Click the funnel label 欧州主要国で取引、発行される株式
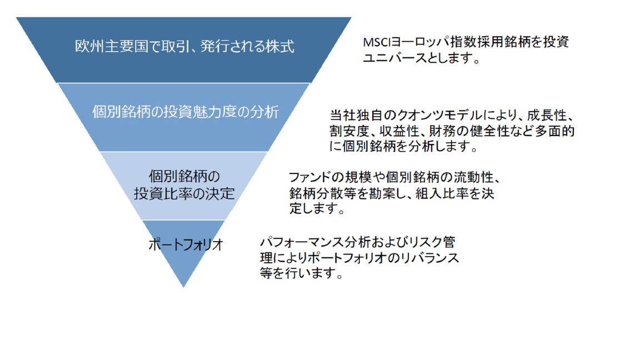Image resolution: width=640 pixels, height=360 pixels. click(x=184, y=46)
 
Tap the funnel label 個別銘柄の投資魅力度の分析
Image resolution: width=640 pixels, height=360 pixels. click(x=186, y=112)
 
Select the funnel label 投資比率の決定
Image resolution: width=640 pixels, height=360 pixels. click(x=184, y=193)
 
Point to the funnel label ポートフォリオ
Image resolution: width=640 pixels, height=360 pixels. click(x=186, y=244)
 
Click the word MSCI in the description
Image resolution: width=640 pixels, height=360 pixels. click(x=377, y=42)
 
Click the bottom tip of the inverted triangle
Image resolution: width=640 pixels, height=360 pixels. click(x=183, y=287)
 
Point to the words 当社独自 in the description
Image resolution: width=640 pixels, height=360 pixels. click(x=356, y=116)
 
